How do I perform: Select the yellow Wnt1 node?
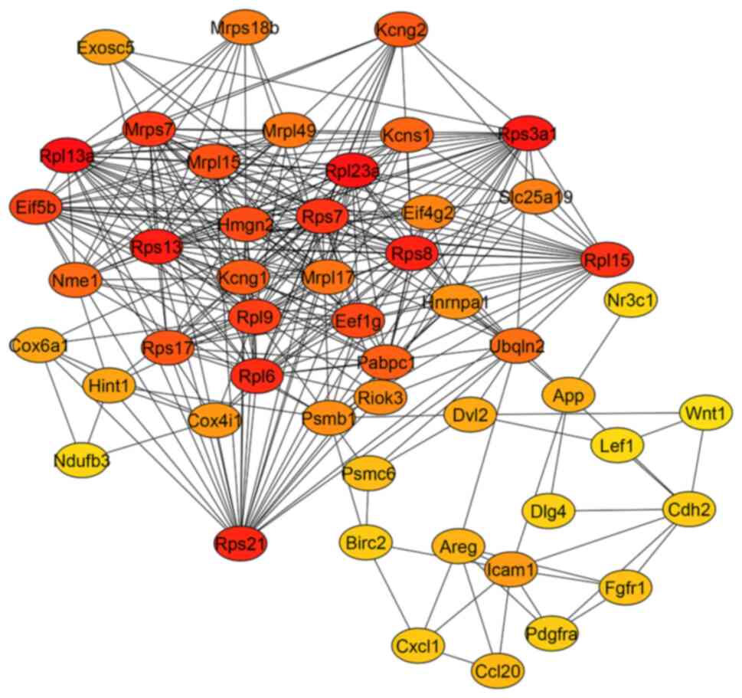pyautogui.click(x=705, y=413)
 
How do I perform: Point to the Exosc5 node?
pyautogui.click(x=106, y=49)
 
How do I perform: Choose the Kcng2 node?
pyautogui.click(x=400, y=31)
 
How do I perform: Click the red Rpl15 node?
pyautogui.click(x=608, y=261)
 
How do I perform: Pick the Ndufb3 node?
pyautogui.click(x=82, y=461)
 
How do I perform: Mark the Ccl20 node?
pyautogui.click(x=498, y=671)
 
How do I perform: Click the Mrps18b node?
pyautogui.click(x=244, y=29)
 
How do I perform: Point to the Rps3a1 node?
pyautogui.click(x=528, y=133)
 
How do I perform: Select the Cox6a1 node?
pyautogui.click(x=38, y=346)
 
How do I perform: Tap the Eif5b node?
pyautogui.click(x=37, y=207)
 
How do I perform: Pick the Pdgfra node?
pyautogui.click(x=551, y=634)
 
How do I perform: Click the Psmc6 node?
pyautogui.click(x=369, y=475)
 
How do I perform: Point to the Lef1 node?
pyautogui.click(x=616, y=444)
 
